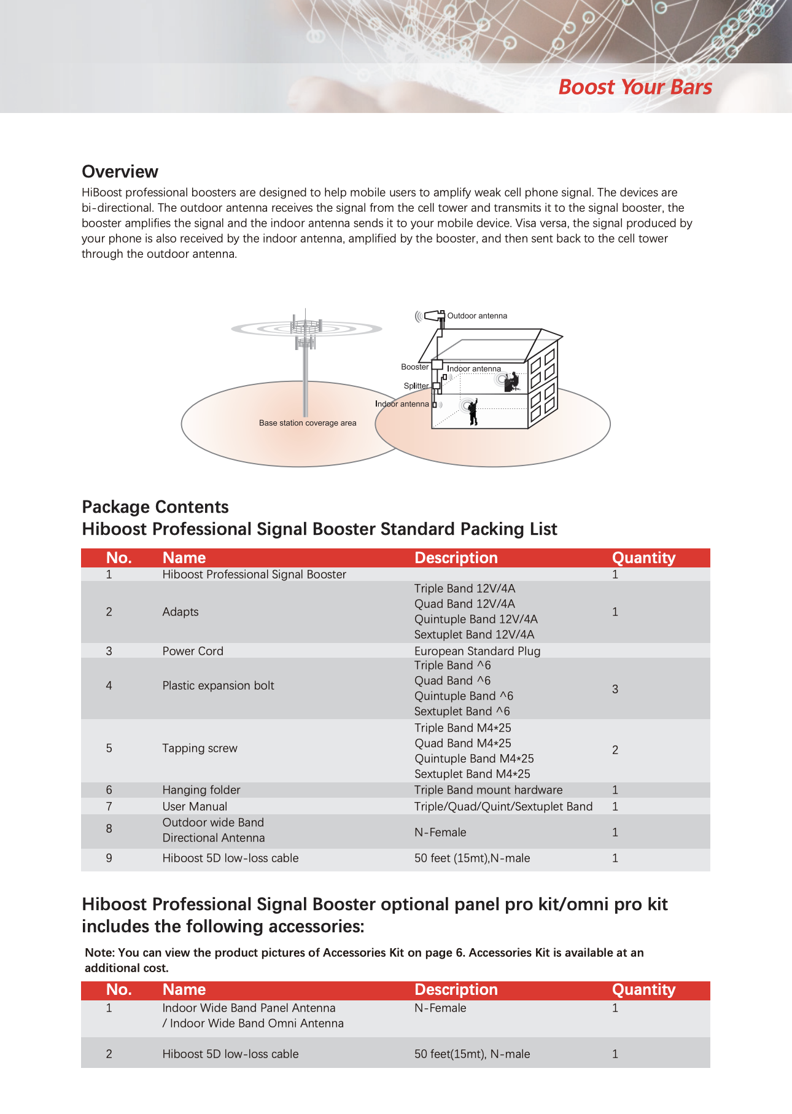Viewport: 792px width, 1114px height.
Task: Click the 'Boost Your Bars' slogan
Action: tap(635, 87)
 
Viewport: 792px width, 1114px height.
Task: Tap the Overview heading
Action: tap(120, 171)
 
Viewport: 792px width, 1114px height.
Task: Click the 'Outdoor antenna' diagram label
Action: tap(477, 316)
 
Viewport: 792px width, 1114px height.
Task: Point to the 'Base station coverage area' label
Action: tap(307, 423)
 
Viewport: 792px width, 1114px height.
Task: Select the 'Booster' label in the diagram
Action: tap(414, 367)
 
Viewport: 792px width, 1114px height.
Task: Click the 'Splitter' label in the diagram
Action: tap(416, 386)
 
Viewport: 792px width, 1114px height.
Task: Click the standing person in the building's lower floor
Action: tap(473, 412)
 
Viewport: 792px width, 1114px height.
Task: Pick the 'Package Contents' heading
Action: tap(155, 507)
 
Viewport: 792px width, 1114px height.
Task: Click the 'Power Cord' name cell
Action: tap(193, 651)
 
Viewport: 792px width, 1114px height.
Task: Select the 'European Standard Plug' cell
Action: tap(477, 651)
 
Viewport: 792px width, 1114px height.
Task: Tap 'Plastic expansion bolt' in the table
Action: tap(218, 685)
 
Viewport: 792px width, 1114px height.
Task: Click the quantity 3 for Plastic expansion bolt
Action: tap(615, 689)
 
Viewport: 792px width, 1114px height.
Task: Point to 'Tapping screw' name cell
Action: tap(200, 748)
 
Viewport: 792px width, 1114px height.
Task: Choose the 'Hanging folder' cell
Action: tap(201, 790)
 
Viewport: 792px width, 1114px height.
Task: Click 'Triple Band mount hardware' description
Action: tap(488, 790)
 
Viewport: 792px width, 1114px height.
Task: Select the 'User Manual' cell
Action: tap(195, 806)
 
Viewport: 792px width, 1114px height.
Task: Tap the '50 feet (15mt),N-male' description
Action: tap(472, 858)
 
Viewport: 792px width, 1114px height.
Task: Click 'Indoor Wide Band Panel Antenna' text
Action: tap(249, 1008)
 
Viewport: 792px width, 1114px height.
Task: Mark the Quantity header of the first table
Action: tap(643, 558)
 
